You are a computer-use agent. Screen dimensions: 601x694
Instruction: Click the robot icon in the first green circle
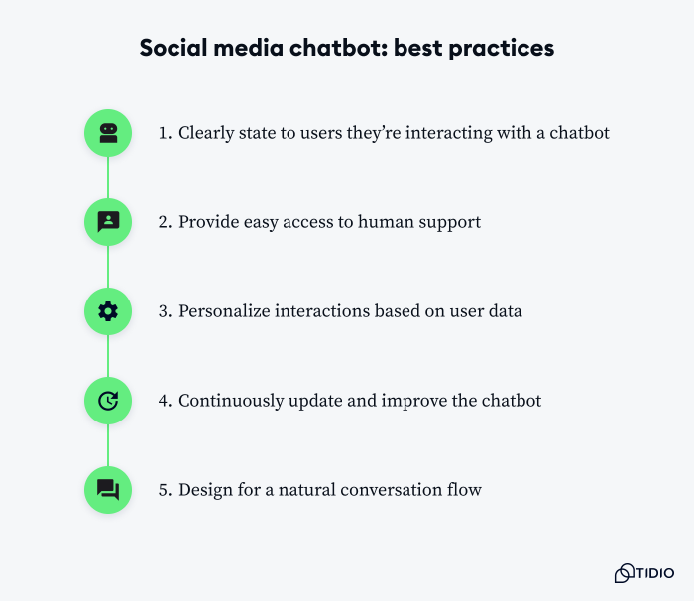tap(108, 133)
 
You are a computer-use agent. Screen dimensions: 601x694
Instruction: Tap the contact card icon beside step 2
tap(108, 222)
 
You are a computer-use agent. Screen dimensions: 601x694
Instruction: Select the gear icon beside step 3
tap(108, 311)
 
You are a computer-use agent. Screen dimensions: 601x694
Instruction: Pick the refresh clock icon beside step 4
tap(108, 401)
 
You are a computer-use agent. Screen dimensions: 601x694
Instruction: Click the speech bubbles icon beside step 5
tap(108, 490)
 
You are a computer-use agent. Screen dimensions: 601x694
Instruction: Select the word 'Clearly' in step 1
tap(205, 133)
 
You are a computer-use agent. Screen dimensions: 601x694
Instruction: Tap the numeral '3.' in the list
tap(165, 311)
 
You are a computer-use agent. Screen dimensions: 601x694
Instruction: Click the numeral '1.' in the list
tap(165, 133)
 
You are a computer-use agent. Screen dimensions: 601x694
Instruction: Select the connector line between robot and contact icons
tap(108, 178)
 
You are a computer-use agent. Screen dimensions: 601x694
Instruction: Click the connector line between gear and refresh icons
tap(108, 356)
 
